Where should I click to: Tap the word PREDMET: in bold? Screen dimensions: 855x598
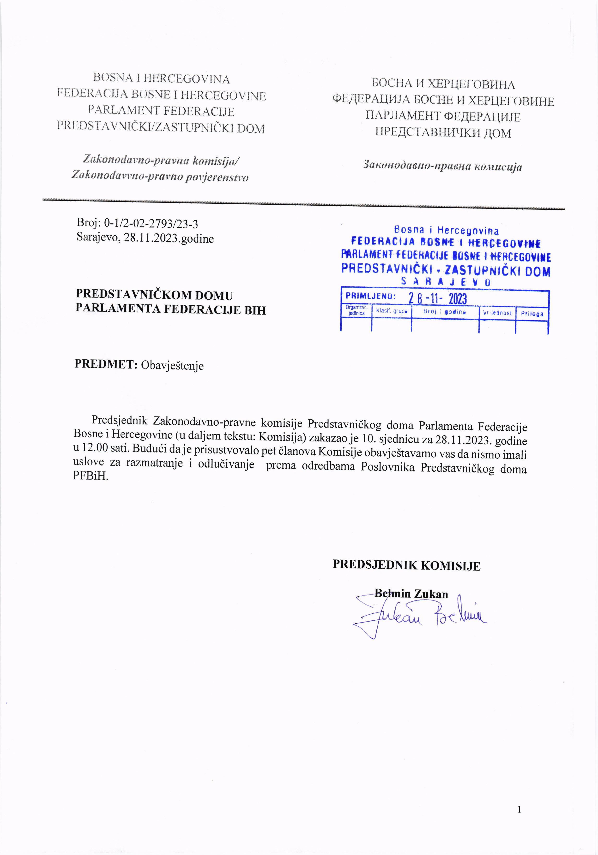tap(106, 364)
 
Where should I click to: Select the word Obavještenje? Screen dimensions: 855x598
tap(172, 365)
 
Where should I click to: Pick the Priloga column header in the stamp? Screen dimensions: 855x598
tap(532, 314)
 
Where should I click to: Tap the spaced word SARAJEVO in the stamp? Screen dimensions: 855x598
tap(445, 282)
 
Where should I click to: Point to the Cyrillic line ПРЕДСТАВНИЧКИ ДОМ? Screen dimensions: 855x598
tap(443, 133)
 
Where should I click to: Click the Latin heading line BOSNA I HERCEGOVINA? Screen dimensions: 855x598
tap(161, 79)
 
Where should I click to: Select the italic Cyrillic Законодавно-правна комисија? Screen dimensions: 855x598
tap(442, 166)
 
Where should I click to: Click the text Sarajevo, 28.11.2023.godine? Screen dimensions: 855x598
tap(145, 237)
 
